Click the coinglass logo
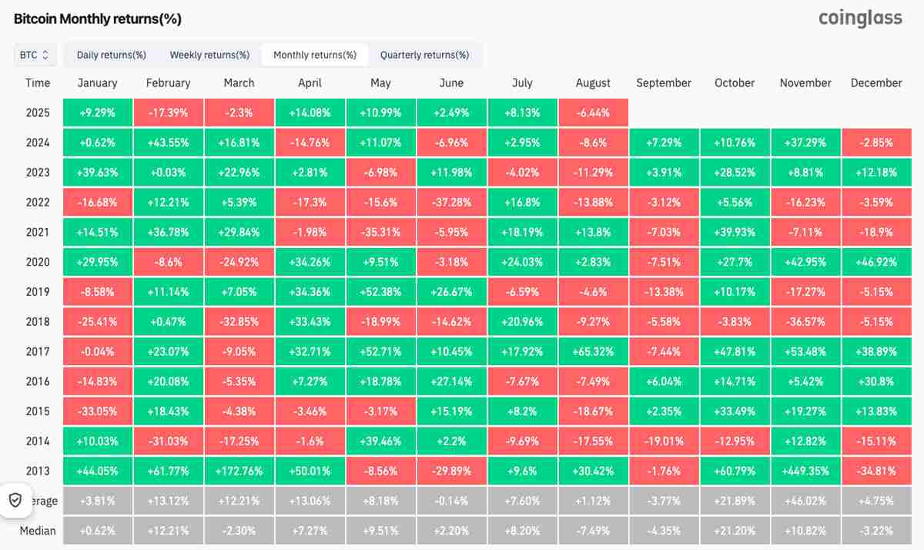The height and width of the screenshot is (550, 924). (860, 18)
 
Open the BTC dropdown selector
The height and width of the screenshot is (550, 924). (35, 55)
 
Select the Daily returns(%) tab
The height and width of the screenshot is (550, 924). (112, 55)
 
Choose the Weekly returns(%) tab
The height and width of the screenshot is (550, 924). (209, 55)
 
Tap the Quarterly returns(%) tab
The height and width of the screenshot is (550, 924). (424, 55)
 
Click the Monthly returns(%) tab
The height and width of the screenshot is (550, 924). (315, 55)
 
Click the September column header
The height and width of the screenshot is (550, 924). (664, 83)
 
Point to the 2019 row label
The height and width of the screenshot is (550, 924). (37, 292)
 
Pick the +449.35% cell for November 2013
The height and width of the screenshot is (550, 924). (805, 471)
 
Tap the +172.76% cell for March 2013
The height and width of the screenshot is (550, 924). (239, 471)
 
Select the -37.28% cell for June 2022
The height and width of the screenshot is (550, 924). (451, 203)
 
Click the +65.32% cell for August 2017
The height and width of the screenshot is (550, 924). (593, 351)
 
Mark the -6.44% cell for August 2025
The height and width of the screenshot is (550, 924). (593, 112)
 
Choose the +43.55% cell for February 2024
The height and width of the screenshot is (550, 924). (168, 143)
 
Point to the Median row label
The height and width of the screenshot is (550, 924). (38, 531)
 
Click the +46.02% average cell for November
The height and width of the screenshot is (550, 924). (805, 501)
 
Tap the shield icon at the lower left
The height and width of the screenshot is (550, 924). (15, 500)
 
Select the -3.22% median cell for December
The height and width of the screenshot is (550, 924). (876, 531)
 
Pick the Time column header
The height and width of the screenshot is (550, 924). (38, 83)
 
